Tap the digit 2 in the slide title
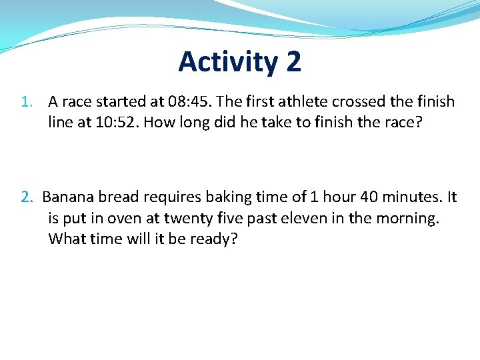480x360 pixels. point(293,62)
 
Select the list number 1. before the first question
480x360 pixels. point(27,102)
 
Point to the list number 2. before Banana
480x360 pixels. point(27,197)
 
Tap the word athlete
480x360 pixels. point(307,102)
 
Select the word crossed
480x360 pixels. point(361,102)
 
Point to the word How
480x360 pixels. point(156,122)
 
